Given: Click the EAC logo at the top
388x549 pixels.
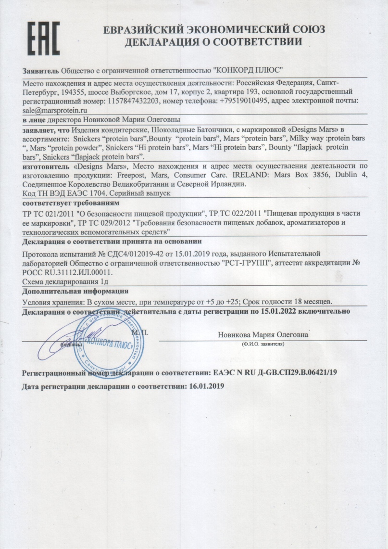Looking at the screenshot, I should click(43, 38).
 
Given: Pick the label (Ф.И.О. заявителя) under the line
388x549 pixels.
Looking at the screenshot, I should click(262, 345).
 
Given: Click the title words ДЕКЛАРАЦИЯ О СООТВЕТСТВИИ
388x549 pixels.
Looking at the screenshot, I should click(213, 42).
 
